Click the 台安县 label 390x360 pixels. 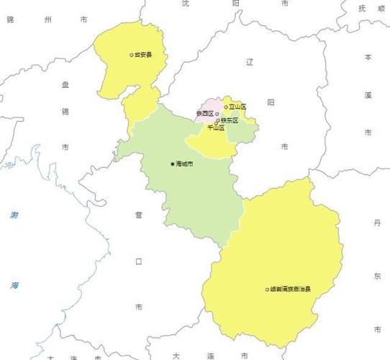click(143, 54)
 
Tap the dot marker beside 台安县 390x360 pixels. click(131, 54)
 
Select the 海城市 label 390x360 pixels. click(184, 164)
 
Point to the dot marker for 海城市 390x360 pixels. click(172, 164)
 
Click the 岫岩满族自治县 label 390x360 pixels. click(291, 289)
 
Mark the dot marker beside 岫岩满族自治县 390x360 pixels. click(267, 289)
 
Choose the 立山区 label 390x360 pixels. click(237, 107)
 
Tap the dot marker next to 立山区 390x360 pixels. click(226, 107)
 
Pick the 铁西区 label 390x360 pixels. click(204, 114)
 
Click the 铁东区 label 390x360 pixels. click(230, 120)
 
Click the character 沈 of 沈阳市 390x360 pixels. click(186, 4)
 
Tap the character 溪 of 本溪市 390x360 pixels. click(368, 95)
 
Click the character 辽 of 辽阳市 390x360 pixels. click(271, 63)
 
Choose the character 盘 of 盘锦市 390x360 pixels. click(65, 86)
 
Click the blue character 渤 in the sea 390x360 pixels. click(14, 215)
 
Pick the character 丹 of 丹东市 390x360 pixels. click(377, 224)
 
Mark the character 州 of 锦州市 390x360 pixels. click(47, 21)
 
